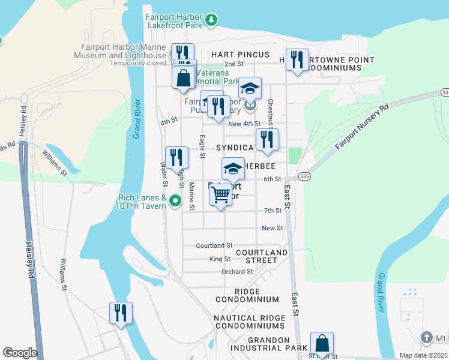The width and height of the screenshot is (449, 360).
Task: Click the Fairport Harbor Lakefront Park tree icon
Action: pos(211,20)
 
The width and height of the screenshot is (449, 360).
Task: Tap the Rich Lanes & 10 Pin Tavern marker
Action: pos(175,201)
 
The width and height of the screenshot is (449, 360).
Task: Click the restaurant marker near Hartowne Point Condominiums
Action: pos(297,60)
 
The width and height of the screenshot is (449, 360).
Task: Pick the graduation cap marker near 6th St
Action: pos(233,169)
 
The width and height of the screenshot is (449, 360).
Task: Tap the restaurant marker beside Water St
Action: pos(176,157)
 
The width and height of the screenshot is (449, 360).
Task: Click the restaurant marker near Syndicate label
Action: pos(267,139)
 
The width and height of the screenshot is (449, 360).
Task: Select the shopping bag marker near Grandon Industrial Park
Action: pos(322,344)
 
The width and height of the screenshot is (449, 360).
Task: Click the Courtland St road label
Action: pos(214,245)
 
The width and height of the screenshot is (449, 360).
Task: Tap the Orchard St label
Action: pos(232,271)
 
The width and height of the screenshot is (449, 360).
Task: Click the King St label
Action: pos(220,259)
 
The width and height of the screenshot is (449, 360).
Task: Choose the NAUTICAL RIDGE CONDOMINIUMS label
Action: pos(249,322)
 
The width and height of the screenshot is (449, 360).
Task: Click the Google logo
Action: pos(20,353)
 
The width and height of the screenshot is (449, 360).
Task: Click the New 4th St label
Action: pos(244,124)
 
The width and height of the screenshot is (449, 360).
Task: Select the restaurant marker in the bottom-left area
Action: pos(121,313)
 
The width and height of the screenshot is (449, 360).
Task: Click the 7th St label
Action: pos(273,211)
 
